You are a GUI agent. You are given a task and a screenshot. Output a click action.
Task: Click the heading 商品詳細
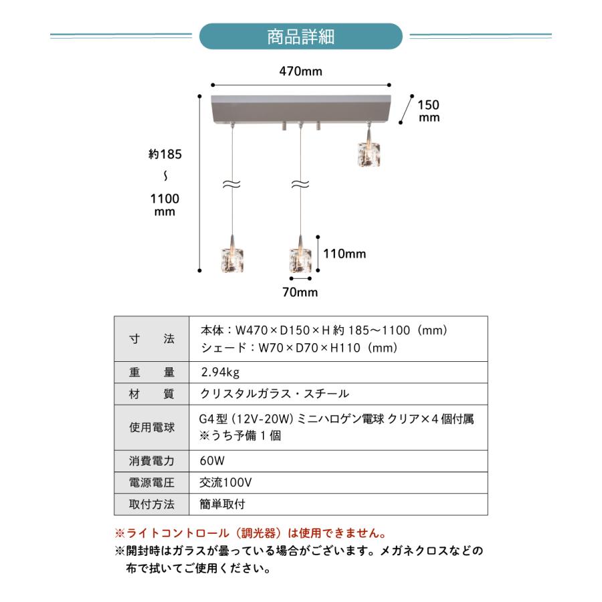pyautogui.click(x=301, y=36)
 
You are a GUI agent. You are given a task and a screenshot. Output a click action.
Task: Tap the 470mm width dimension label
pyautogui.click(x=300, y=72)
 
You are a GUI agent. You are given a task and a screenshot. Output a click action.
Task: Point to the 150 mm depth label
pyautogui.click(x=429, y=110)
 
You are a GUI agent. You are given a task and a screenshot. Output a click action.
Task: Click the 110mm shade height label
pyautogui.click(x=345, y=254)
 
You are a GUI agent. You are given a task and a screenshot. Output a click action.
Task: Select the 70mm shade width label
pyautogui.click(x=300, y=292)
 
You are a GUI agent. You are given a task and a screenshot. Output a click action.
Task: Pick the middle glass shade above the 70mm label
pyautogui.click(x=300, y=259)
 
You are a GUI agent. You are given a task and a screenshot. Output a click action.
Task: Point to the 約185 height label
pyautogui.click(x=165, y=155)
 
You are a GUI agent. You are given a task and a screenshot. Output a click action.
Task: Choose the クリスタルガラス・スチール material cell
pyautogui.click(x=275, y=394)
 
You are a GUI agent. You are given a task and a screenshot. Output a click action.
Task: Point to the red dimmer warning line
pyautogui.click(x=252, y=534)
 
